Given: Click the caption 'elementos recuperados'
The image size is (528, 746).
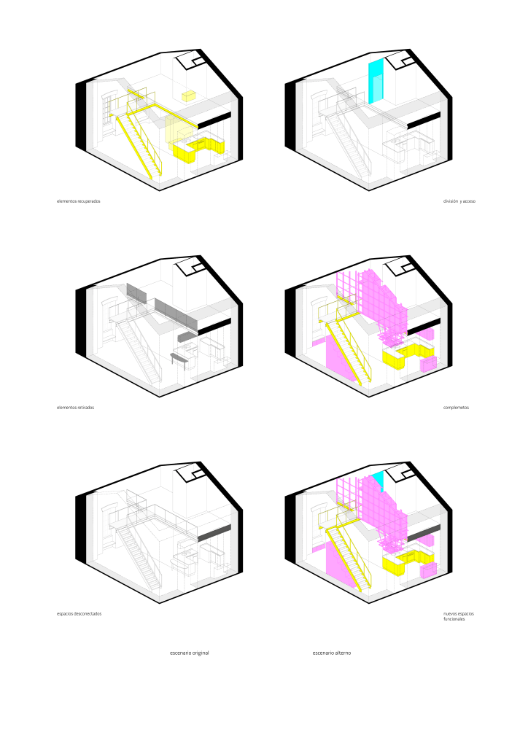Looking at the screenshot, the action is pos(79,201).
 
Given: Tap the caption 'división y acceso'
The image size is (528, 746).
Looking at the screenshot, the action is pos(459,201).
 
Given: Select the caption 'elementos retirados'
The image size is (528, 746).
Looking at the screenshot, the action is pos(76,407).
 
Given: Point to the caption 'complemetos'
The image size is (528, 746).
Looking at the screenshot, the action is pos(456,407).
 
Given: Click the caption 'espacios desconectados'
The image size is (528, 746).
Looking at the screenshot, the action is pos(79,614).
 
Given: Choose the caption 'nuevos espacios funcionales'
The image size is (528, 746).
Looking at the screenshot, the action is pos(459,616).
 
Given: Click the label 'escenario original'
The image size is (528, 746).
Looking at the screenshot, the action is pos(190,653).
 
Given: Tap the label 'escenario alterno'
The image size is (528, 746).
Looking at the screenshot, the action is pos(332,653).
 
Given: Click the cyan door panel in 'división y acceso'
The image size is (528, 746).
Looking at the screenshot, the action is pos(375,82).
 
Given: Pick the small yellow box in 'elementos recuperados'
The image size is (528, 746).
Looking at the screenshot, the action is pos(189,95).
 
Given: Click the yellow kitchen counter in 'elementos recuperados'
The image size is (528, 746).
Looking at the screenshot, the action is pos(198,149).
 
